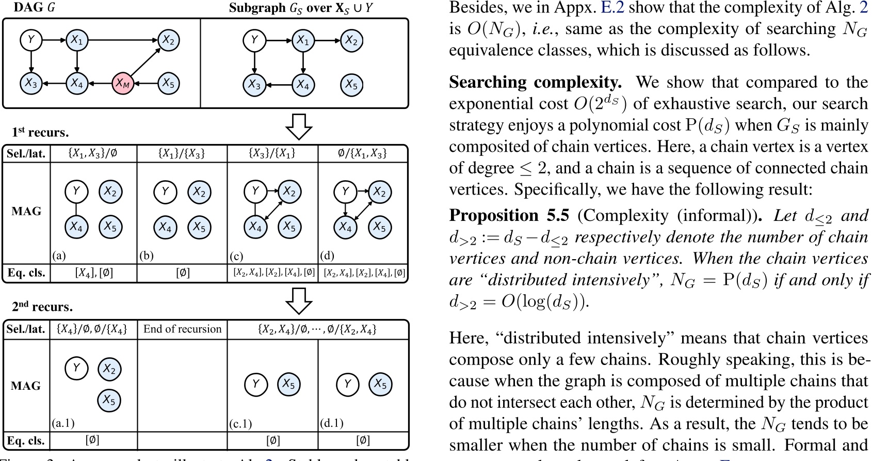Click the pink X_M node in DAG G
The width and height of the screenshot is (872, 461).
click(x=122, y=83)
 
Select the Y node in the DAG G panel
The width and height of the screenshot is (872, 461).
click(x=31, y=40)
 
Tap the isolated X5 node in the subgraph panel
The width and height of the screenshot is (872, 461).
click(x=351, y=84)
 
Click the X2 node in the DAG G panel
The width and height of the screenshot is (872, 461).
click(x=168, y=40)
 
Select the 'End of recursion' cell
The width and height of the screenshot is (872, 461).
click(x=182, y=329)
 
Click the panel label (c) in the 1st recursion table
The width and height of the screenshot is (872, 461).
click(x=236, y=256)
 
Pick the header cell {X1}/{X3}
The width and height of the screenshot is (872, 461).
click(x=182, y=153)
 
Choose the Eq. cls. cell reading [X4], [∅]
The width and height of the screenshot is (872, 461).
click(x=93, y=273)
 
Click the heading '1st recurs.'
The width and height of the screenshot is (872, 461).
click(x=40, y=133)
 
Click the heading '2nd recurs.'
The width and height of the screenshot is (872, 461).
click(x=42, y=307)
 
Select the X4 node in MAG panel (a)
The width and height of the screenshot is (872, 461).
click(x=76, y=227)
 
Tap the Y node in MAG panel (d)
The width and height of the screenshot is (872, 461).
click(x=345, y=192)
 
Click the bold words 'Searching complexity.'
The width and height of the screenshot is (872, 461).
click(x=535, y=83)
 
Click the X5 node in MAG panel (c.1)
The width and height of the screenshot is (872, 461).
click(x=288, y=384)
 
